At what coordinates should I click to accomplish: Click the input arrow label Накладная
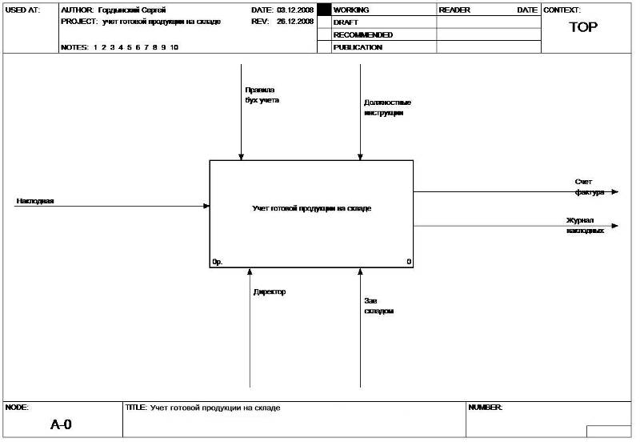(x=34, y=201)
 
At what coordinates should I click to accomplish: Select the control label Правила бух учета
(x=262, y=95)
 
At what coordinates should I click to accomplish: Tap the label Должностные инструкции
(x=387, y=107)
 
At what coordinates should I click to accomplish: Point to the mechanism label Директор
(x=270, y=292)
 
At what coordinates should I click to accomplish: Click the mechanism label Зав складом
(x=378, y=305)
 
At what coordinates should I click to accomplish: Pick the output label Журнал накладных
(x=585, y=224)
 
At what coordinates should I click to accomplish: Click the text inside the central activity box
(x=311, y=208)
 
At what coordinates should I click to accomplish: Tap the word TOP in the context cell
(x=583, y=27)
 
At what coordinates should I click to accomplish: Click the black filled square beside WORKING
(x=324, y=10)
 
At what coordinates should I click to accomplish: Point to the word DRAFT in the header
(x=346, y=22)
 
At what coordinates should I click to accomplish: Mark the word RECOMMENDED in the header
(x=362, y=35)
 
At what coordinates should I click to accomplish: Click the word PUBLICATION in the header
(x=358, y=47)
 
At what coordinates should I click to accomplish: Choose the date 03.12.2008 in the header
(x=294, y=10)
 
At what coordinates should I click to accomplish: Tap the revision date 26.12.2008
(x=294, y=22)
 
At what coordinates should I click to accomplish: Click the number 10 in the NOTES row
(x=174, y=47)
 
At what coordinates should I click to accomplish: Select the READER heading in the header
(x=454, y=10)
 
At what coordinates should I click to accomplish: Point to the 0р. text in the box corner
(x=218, y=262)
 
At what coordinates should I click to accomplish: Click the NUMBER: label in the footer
(x=485, y=408)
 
